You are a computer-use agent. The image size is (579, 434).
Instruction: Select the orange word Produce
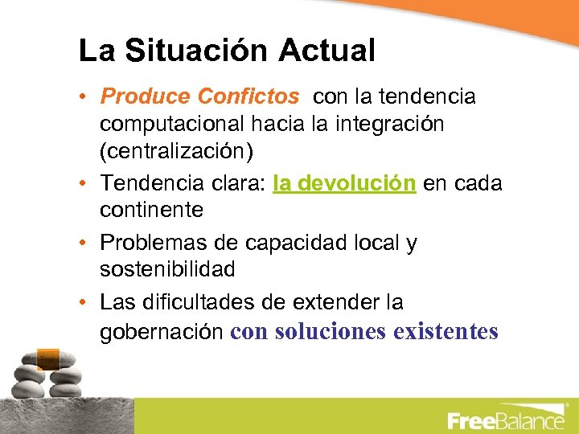[144, 97]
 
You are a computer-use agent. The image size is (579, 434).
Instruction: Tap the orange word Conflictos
[248, 97]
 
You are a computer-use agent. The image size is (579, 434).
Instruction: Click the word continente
[151, 211]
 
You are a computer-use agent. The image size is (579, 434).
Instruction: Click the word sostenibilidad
[167, 269]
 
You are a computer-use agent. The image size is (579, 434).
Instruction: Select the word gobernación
[162, 331]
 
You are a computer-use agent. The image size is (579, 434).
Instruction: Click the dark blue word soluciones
[331, 331]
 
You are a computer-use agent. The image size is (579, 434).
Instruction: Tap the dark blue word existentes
[446, 331]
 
